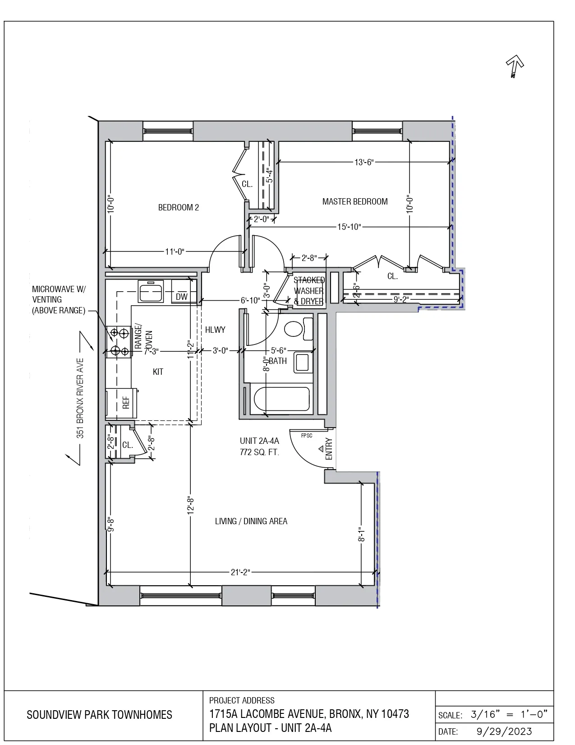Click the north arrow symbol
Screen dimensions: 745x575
[515, 65]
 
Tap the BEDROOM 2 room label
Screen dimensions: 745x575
[178, 208]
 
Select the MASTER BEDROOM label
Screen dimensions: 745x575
[355, 202]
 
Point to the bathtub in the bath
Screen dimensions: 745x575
[282, 399]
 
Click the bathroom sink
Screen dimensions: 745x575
[303, 363]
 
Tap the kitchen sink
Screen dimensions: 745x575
[151, 292]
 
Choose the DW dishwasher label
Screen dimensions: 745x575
[181, 297]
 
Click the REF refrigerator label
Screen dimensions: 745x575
[126, 403]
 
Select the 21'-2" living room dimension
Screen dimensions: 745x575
[240, 573]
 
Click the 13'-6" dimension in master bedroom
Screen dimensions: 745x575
[364, 163]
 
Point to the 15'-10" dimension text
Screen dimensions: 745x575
[349, 227]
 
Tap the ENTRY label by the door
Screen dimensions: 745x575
[329, 449]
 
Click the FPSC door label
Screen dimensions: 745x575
[307, 436]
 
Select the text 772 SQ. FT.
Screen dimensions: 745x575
[259, 452]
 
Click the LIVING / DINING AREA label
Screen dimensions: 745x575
[251, 521]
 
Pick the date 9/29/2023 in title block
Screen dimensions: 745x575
[504, 731]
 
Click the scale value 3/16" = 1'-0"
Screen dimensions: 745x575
[509, 714]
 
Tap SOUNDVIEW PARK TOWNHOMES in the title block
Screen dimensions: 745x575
[99, 715]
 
